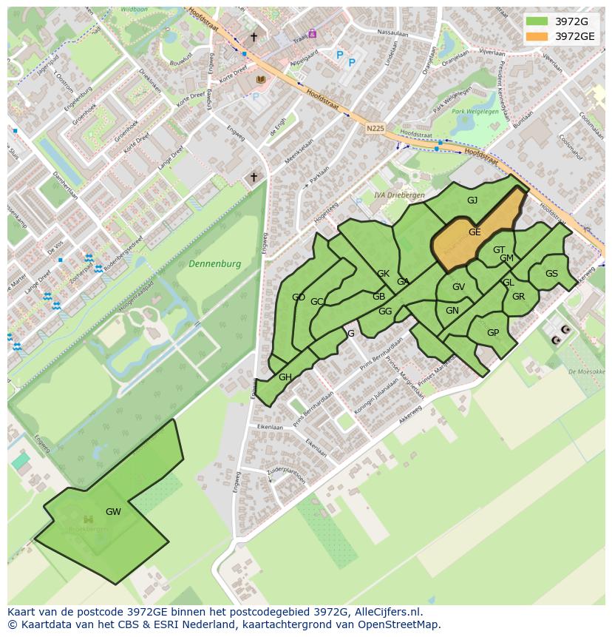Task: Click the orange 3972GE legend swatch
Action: pyautogui.click(x=538, y=36)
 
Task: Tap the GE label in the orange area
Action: pyautogui.click(x=475, y=232)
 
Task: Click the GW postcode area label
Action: pyautogui.click(x=113, y=512)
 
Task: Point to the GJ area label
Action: pyautogui.click(x=472, y=200)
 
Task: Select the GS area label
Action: pyautogui.click(x=551, y=274)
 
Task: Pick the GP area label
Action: pyautogui.click(x=493, y=333)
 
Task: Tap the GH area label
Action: pyautogui.click(x=285, y=377)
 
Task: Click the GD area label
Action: pyautogui.click(x=299, y=297)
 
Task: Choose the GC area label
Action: pyautogui.click(x=317, y=302)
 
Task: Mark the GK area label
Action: pyautogui.click(x=383, y=274)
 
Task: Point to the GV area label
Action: pyautogui.click(x=458, y=287)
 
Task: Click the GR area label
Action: pyautogui.click(x=518, y=297)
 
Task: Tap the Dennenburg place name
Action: pyautogui.click(x=214, y=263)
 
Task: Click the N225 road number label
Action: pyautogui.click(x=375, y=128)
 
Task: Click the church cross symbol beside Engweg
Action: pyautogui.click(x=254, y=177)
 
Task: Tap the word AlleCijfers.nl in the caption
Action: pyautogui.click(x=385, y=612)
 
